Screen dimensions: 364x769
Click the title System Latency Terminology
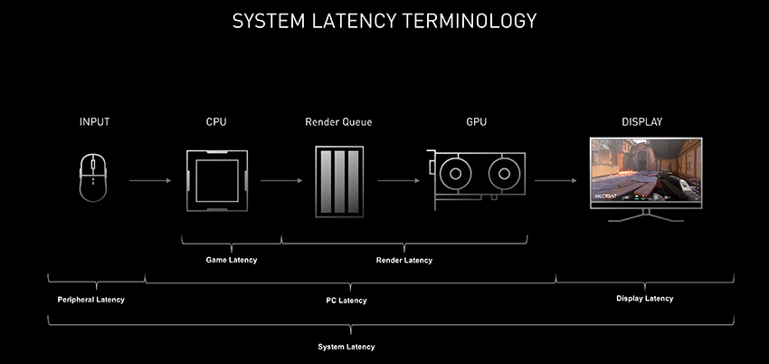(384, 20)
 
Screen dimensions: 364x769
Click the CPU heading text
(216, 122)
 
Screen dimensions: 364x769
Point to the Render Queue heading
(338, 122)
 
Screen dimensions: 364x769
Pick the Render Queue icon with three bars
(341, 182)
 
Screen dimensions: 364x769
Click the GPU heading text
(475, 122)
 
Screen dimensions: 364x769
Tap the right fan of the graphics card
(504, 173)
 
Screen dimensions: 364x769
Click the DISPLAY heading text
(646, 122)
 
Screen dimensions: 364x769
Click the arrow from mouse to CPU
(151, 181)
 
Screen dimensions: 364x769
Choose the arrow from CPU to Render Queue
(281, 181)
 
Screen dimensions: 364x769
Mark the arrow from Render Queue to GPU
(398, 181)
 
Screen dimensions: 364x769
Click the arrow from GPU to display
(555, 181)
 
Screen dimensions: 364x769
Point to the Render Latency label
(403, 260)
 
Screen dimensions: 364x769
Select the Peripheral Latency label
(90, 299)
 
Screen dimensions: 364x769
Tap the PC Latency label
(347, 300)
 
